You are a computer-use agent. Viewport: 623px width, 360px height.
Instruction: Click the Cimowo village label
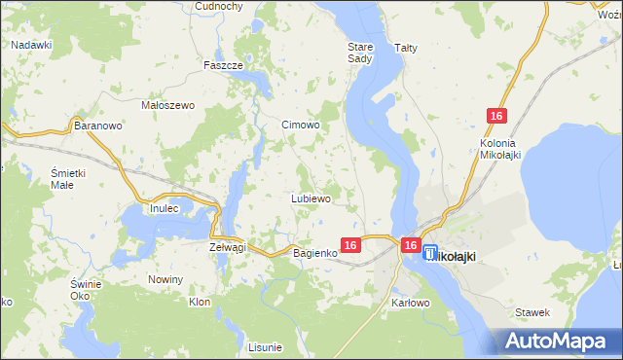pos(300,125)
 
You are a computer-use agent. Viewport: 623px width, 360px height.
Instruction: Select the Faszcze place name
pos(222,65)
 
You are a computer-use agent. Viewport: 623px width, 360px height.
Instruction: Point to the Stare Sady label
pos(360,53)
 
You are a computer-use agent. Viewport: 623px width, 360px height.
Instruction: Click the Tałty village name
pos(405,47)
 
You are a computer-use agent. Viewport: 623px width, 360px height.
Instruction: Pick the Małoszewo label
pos(169,105)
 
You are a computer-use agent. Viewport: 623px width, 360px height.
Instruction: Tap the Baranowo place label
pos(97,126)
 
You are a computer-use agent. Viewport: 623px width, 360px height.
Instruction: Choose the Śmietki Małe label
pos(69,178)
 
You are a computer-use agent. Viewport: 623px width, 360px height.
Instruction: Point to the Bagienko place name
pos(314,253)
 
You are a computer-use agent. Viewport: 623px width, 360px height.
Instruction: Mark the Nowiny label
pos(165,280)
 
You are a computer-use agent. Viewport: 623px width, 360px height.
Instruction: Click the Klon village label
pos(200,303)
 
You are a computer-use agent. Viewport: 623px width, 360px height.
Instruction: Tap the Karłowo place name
pos(411,303)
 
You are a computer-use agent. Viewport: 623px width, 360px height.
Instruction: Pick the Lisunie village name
pos(265,347)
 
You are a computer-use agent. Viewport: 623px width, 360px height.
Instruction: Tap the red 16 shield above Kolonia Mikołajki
pos(496,117)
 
